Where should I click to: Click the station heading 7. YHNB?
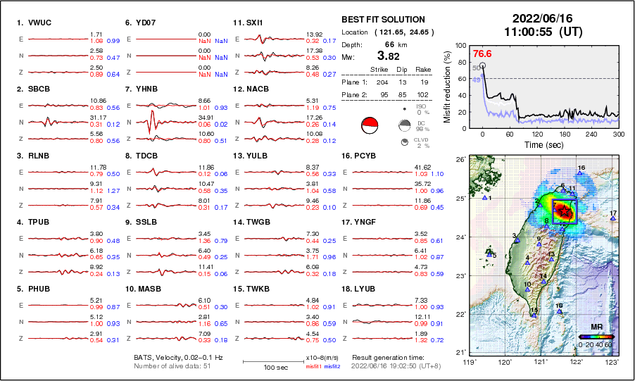[142, 89]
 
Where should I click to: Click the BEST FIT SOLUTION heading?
[383, 20]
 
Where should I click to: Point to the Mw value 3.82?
[389, 56]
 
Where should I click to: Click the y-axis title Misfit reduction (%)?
[448, 87]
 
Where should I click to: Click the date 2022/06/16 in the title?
[536, 18]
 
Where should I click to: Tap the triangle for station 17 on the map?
[613, 219]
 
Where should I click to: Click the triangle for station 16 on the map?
[579, 173]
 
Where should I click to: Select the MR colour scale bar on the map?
[596, 337]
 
